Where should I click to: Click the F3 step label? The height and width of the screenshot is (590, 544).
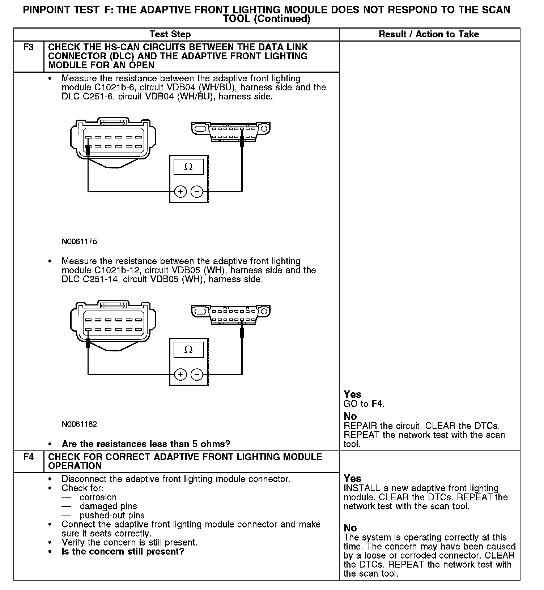[28, 47]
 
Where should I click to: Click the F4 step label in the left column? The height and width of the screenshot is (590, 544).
[28, 457]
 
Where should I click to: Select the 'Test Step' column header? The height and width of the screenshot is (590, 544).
[170, 34]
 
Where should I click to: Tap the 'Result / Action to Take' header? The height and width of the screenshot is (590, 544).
[429, 34]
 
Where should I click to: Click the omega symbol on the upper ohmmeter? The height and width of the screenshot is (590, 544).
[188, 167]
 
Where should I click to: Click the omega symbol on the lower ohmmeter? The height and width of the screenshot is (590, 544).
[188, 350]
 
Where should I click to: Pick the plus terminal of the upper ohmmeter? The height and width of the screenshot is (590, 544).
[180, 191]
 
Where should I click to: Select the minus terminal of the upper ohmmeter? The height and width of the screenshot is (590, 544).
[197, 191]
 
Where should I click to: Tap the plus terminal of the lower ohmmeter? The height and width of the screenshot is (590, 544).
[180, 374]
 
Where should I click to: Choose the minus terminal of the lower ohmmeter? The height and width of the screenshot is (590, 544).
[197, 374]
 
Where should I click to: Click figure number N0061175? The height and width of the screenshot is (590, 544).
[79, 241]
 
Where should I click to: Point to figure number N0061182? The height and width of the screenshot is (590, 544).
[79, 424]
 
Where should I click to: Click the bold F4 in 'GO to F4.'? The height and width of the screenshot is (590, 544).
[377, 403]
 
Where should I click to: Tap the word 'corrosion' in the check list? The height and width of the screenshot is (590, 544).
[98, 497]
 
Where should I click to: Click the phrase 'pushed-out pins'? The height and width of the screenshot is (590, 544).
[112, 516]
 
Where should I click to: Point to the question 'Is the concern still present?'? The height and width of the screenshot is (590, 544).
[123, 552]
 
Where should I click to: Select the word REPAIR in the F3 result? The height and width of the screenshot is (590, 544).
[360, 426]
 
